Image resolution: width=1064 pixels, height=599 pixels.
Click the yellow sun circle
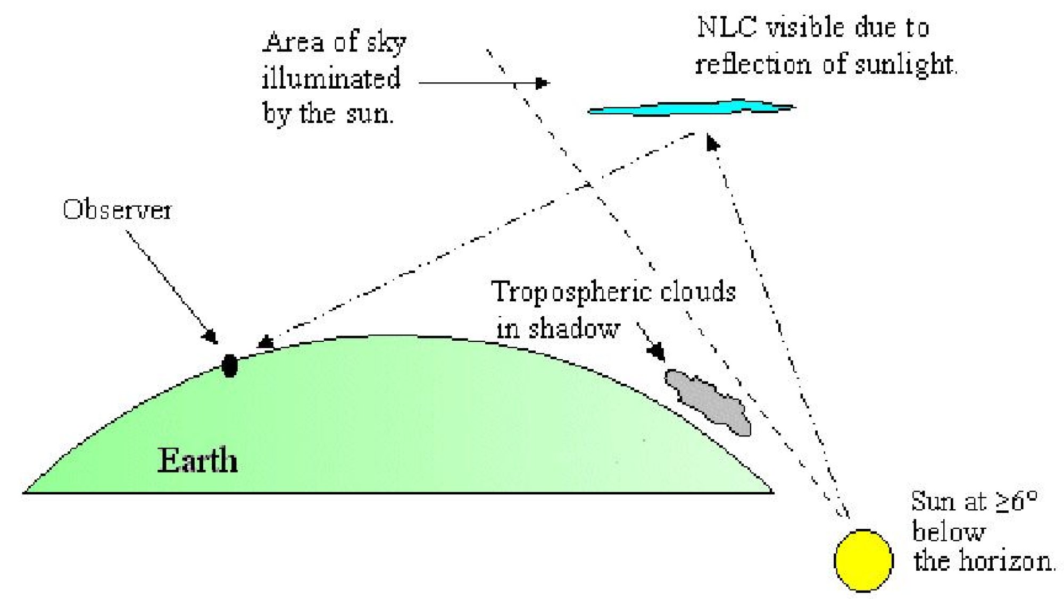point(863,560)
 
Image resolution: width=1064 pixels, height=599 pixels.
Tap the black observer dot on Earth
point(229,366)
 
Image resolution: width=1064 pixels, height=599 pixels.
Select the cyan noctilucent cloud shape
point(692,108)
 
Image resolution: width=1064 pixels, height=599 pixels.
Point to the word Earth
point(197,460)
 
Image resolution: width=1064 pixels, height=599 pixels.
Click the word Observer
point(117,210)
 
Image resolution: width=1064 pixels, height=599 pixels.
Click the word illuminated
point(331,78)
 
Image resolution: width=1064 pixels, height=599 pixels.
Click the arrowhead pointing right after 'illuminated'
point(543,83)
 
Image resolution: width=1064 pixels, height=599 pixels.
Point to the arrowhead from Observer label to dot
point(211,337)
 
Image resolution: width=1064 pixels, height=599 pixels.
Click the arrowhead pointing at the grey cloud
point(658,352)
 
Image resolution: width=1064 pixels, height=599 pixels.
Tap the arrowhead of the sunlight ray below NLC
point(712,142)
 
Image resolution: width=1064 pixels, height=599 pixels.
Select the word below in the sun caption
point(949,531)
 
